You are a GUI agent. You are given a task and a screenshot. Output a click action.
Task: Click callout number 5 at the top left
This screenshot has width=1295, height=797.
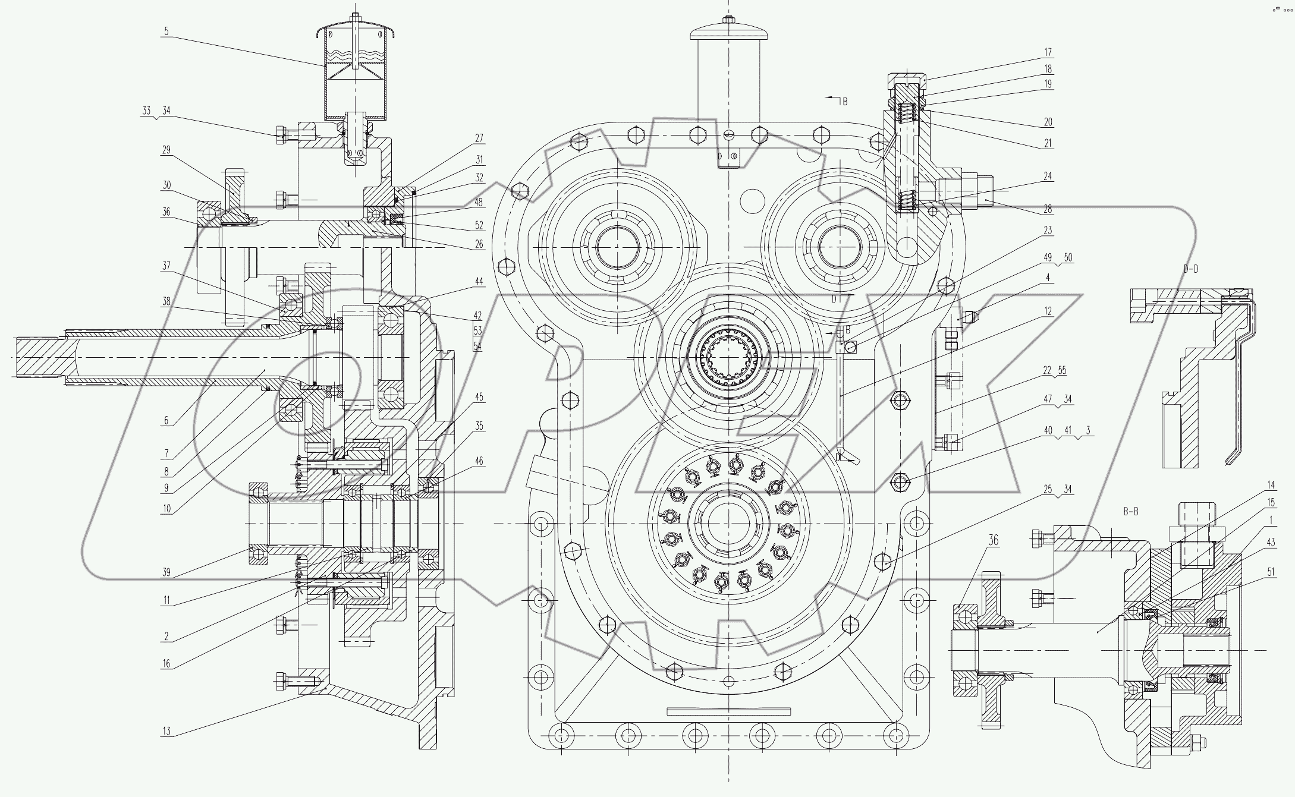(166, 31)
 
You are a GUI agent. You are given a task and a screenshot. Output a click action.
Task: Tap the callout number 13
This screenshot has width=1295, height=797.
(166, 731)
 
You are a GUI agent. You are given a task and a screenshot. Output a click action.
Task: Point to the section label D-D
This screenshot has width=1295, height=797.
(1191, 269)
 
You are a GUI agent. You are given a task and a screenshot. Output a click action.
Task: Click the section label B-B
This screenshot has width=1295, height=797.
(1130, 512)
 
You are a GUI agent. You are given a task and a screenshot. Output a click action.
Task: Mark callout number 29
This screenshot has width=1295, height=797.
(166, 150)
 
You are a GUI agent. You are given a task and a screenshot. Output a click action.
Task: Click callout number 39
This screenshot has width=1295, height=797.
(166, 572)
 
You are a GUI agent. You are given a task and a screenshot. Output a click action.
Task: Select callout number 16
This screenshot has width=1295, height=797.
(166, 663)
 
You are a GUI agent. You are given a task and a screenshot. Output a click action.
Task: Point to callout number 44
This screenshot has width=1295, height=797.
(479, 281)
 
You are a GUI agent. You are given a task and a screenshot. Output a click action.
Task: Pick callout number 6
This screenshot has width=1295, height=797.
(166, 420)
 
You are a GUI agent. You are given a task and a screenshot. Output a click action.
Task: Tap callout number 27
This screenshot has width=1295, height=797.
(479, 138)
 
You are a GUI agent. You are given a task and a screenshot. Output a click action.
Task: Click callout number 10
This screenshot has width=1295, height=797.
(166, 508)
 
